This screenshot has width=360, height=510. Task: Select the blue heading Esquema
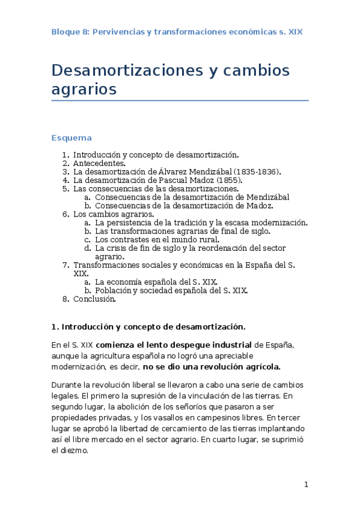coord(72,138)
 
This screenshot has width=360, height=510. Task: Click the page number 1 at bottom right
coord(306,485)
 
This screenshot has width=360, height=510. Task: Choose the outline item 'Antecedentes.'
coord(99,163)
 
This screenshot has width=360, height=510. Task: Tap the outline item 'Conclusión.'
coord(94,299)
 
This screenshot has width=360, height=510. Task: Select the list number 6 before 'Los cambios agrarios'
coord(66,214)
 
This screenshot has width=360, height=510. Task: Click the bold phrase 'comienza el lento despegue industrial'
coord(174,345)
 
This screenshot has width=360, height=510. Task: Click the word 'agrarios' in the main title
coord(84,90)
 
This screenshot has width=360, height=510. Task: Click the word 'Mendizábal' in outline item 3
coord(204,171)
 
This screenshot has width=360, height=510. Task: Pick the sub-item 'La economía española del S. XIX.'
coord(156,281)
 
